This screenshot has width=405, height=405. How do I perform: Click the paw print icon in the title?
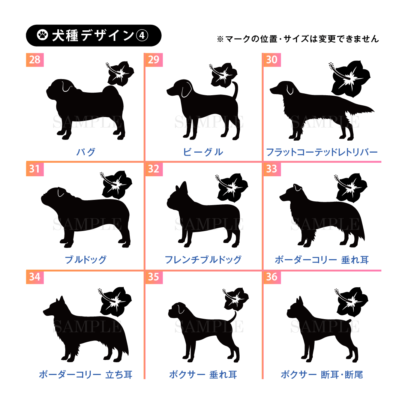42,35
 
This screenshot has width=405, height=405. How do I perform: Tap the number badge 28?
35,60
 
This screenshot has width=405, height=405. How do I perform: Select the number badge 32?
154,169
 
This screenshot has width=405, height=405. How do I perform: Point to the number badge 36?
272,277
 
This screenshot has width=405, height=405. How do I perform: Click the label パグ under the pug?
86,152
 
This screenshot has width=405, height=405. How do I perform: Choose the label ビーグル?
203,152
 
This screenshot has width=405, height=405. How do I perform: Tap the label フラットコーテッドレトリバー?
322,152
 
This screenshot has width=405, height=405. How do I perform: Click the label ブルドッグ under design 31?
85,259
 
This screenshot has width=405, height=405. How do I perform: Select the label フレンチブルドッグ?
203,259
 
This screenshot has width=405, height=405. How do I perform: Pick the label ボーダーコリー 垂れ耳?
322,259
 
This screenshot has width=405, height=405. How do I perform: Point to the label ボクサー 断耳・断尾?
322,375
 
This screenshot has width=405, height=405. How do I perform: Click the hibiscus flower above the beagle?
223,75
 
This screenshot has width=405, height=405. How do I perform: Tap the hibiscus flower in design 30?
350,78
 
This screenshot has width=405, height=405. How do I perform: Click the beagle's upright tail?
235,90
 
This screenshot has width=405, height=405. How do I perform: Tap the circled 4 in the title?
142,35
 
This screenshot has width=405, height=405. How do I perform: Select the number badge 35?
154,277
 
